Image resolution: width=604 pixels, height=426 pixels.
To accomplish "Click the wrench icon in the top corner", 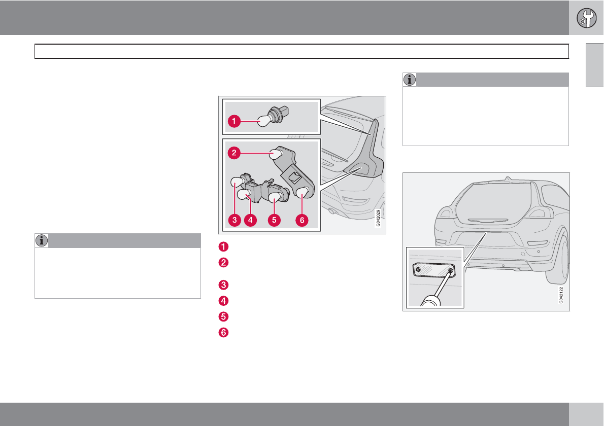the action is click(586, 18).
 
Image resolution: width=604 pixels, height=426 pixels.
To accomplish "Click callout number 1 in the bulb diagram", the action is click(234, 121).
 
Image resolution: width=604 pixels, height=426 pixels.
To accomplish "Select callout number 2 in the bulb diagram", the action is click(234, 153).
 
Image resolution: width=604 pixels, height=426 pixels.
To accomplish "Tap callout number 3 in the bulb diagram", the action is click(234, 220).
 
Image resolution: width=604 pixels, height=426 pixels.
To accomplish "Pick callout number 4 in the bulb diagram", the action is click(250, 220).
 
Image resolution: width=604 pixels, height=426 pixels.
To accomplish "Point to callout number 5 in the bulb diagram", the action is click(274, 220).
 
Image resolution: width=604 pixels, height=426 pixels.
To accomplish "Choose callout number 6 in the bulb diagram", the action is click(302, 220).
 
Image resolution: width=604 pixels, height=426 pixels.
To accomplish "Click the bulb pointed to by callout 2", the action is click(277, 154).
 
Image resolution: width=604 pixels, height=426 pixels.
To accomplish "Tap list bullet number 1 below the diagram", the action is click(223, 246).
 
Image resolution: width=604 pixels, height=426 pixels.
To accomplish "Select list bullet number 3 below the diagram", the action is click(223, 285).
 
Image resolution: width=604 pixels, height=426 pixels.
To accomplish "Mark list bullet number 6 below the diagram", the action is click(223, 332).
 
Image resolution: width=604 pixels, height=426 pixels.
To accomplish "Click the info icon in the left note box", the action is click(42, 240).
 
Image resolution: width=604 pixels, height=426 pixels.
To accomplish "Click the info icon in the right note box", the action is click(410, 80).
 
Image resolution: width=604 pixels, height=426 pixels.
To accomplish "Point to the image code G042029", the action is click(378, 218).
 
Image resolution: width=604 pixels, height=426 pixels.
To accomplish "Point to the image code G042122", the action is click(561, 295).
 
